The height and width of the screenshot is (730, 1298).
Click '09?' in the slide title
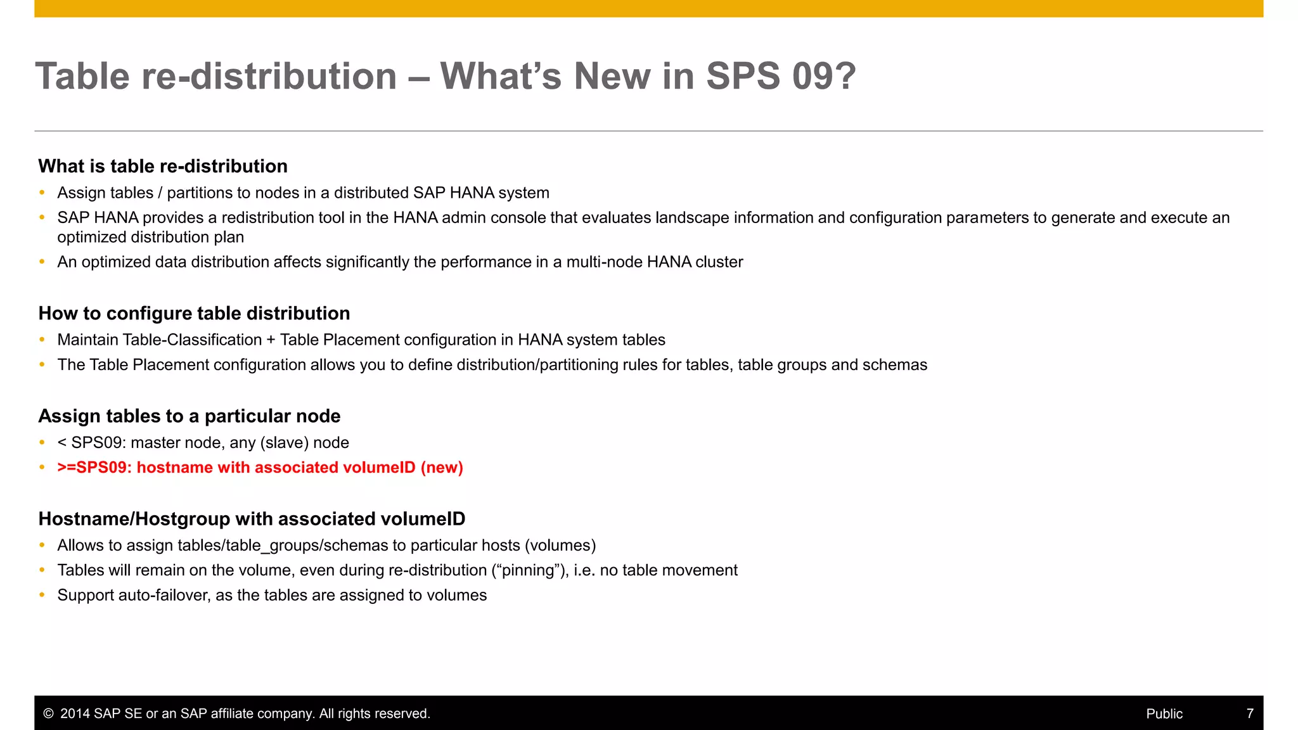[x=823, y=77]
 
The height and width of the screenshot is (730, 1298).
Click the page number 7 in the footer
[x=1250, y=714]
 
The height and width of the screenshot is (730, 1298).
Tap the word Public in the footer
[x=1164, y=714]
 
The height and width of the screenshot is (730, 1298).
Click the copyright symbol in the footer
[x=48, y=714]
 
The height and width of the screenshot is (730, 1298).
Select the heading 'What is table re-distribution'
[x=163, y=166]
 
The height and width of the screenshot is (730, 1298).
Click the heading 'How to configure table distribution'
[x=194, y=313]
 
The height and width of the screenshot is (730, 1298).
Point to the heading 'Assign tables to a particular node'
[x=190, y=416]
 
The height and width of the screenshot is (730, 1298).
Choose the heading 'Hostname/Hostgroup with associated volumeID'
[x=252, y=519]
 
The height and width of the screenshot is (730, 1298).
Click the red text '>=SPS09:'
[x=94, y=468]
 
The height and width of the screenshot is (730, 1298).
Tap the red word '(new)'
[x=442, y=468]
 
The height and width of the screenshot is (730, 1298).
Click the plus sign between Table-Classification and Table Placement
[x=271, y=340]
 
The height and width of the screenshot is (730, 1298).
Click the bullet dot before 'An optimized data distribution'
[x=42, y=262]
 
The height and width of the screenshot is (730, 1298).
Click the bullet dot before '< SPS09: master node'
[x=42, y=442]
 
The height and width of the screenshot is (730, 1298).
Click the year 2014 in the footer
[x=75, y=714]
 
